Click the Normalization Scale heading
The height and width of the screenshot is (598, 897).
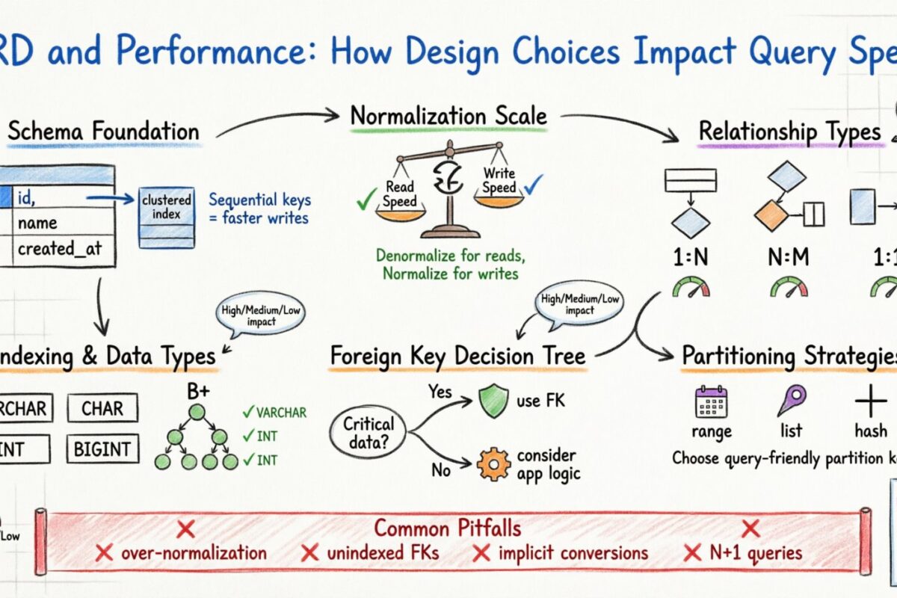449,117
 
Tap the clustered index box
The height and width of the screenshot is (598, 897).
167,217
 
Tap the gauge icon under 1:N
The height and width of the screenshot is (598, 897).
691,287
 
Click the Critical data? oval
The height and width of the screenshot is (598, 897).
369,431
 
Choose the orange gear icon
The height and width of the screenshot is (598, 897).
493,463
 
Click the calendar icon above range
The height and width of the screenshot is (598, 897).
711,401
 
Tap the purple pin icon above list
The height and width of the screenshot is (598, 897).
791,401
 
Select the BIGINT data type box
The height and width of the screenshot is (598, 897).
102,449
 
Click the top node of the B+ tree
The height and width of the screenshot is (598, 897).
196,412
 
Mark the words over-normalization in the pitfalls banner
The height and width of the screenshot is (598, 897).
194,553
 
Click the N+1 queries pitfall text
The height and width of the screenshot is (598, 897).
755,553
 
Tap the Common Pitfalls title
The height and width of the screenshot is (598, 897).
447,528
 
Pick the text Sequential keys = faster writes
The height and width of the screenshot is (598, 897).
259,209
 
